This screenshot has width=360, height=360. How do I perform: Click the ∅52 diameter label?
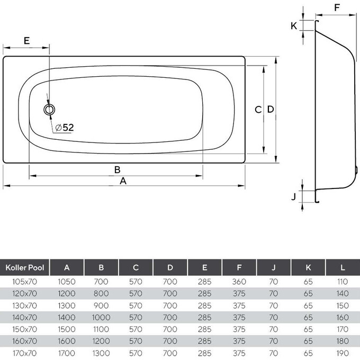64,128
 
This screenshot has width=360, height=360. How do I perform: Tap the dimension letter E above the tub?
26,40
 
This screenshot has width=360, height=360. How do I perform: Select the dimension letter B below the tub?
118,169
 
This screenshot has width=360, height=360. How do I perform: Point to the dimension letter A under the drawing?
123,181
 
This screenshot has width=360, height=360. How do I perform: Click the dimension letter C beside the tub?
258,110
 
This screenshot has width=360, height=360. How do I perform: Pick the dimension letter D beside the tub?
270,110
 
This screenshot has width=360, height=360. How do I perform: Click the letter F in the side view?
338,8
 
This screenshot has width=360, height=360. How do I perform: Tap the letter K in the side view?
294,25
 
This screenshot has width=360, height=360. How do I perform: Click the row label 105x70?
25,283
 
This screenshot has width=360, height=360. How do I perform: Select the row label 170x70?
25,353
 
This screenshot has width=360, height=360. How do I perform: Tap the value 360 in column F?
239,283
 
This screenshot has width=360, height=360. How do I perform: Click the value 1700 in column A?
66,353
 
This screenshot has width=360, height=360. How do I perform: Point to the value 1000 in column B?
101,318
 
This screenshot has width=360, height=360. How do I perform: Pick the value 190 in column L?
343,353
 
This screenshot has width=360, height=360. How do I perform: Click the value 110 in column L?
343,283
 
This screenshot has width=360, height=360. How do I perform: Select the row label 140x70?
25,318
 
